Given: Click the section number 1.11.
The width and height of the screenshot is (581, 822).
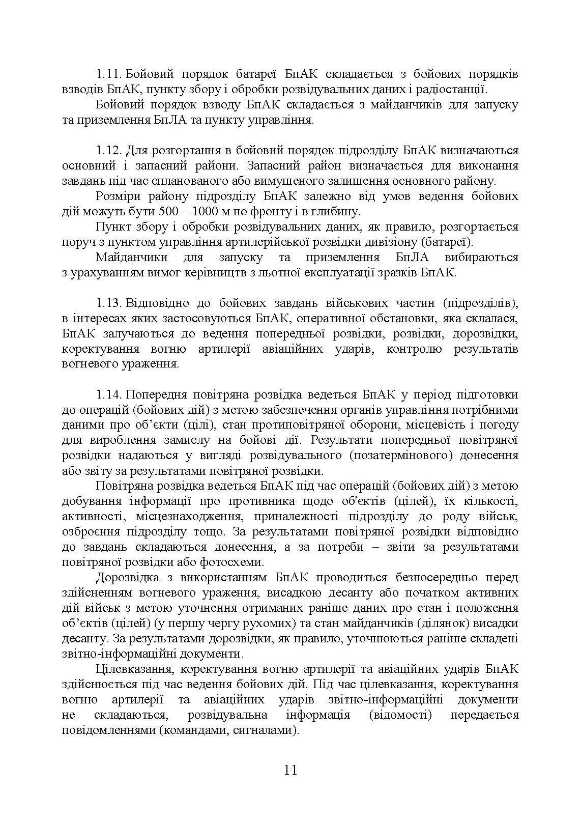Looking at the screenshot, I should (108, 74).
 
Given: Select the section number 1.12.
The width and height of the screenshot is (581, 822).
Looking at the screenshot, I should (108, 151).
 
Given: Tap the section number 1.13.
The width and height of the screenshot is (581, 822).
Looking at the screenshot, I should (108, 303).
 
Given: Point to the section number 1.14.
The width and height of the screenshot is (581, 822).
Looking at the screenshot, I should (108, 395).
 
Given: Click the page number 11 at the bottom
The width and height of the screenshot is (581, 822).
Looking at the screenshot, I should (290, 770).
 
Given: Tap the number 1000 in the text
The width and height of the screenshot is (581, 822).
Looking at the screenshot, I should (208, 212).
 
